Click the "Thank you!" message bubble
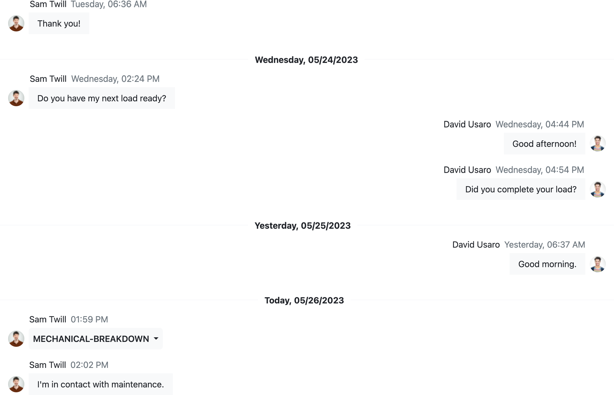[59, 24]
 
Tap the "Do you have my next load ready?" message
[102, 98]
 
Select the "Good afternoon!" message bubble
[544, 144]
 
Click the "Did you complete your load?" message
[521, 189]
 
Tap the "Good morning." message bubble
[547, 264]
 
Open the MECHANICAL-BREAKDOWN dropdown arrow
[156, 339]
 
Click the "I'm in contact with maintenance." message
[101, 384]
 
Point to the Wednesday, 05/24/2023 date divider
[306, 60]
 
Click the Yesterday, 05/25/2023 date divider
[302, 225]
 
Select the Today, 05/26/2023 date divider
[304, 300]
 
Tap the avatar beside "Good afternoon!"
[598, 143]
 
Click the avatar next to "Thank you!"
[16, 23]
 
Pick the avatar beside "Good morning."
[598, 264]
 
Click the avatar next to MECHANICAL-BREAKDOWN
[16, 339]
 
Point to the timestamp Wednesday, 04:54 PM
[540, 170]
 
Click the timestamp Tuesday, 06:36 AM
[109, 4]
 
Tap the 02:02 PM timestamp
[89, 365]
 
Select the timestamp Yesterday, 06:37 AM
[544, 245]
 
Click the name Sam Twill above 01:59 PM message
[48, 319]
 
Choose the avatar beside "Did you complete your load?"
[598, 189]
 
